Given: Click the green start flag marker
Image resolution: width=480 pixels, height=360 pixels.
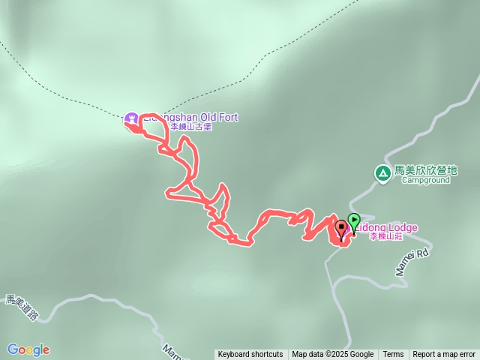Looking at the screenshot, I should [x=354, y=222].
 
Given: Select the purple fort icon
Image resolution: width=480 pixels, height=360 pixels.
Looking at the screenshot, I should [x=132, y=118].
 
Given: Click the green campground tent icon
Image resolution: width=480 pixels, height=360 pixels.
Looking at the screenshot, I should [x=382, y=173].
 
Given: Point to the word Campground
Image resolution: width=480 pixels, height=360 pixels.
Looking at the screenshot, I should [x=425, y=180].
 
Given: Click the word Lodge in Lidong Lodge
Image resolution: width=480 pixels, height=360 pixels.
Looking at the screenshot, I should [x=402, y=227].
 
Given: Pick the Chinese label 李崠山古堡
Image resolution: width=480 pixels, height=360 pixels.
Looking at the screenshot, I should [x=191, y=127].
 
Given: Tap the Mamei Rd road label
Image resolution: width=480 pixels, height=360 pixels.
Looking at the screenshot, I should [x=412, y=262].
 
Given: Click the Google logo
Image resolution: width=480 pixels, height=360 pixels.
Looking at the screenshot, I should [x=28, y=349].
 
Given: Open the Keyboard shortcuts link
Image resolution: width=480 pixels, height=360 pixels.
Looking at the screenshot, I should [x=250, y=355].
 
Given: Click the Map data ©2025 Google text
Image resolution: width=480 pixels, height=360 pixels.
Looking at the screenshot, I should [x=333, y=355].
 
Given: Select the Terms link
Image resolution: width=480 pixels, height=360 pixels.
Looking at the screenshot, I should [x=393, y=355].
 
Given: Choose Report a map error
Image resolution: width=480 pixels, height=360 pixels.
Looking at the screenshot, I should [x=444, y=355].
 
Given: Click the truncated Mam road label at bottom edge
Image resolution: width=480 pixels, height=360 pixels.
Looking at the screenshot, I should [x=172, y=350].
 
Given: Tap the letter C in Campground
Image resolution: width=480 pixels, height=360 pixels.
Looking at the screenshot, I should [x=403, y=180].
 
